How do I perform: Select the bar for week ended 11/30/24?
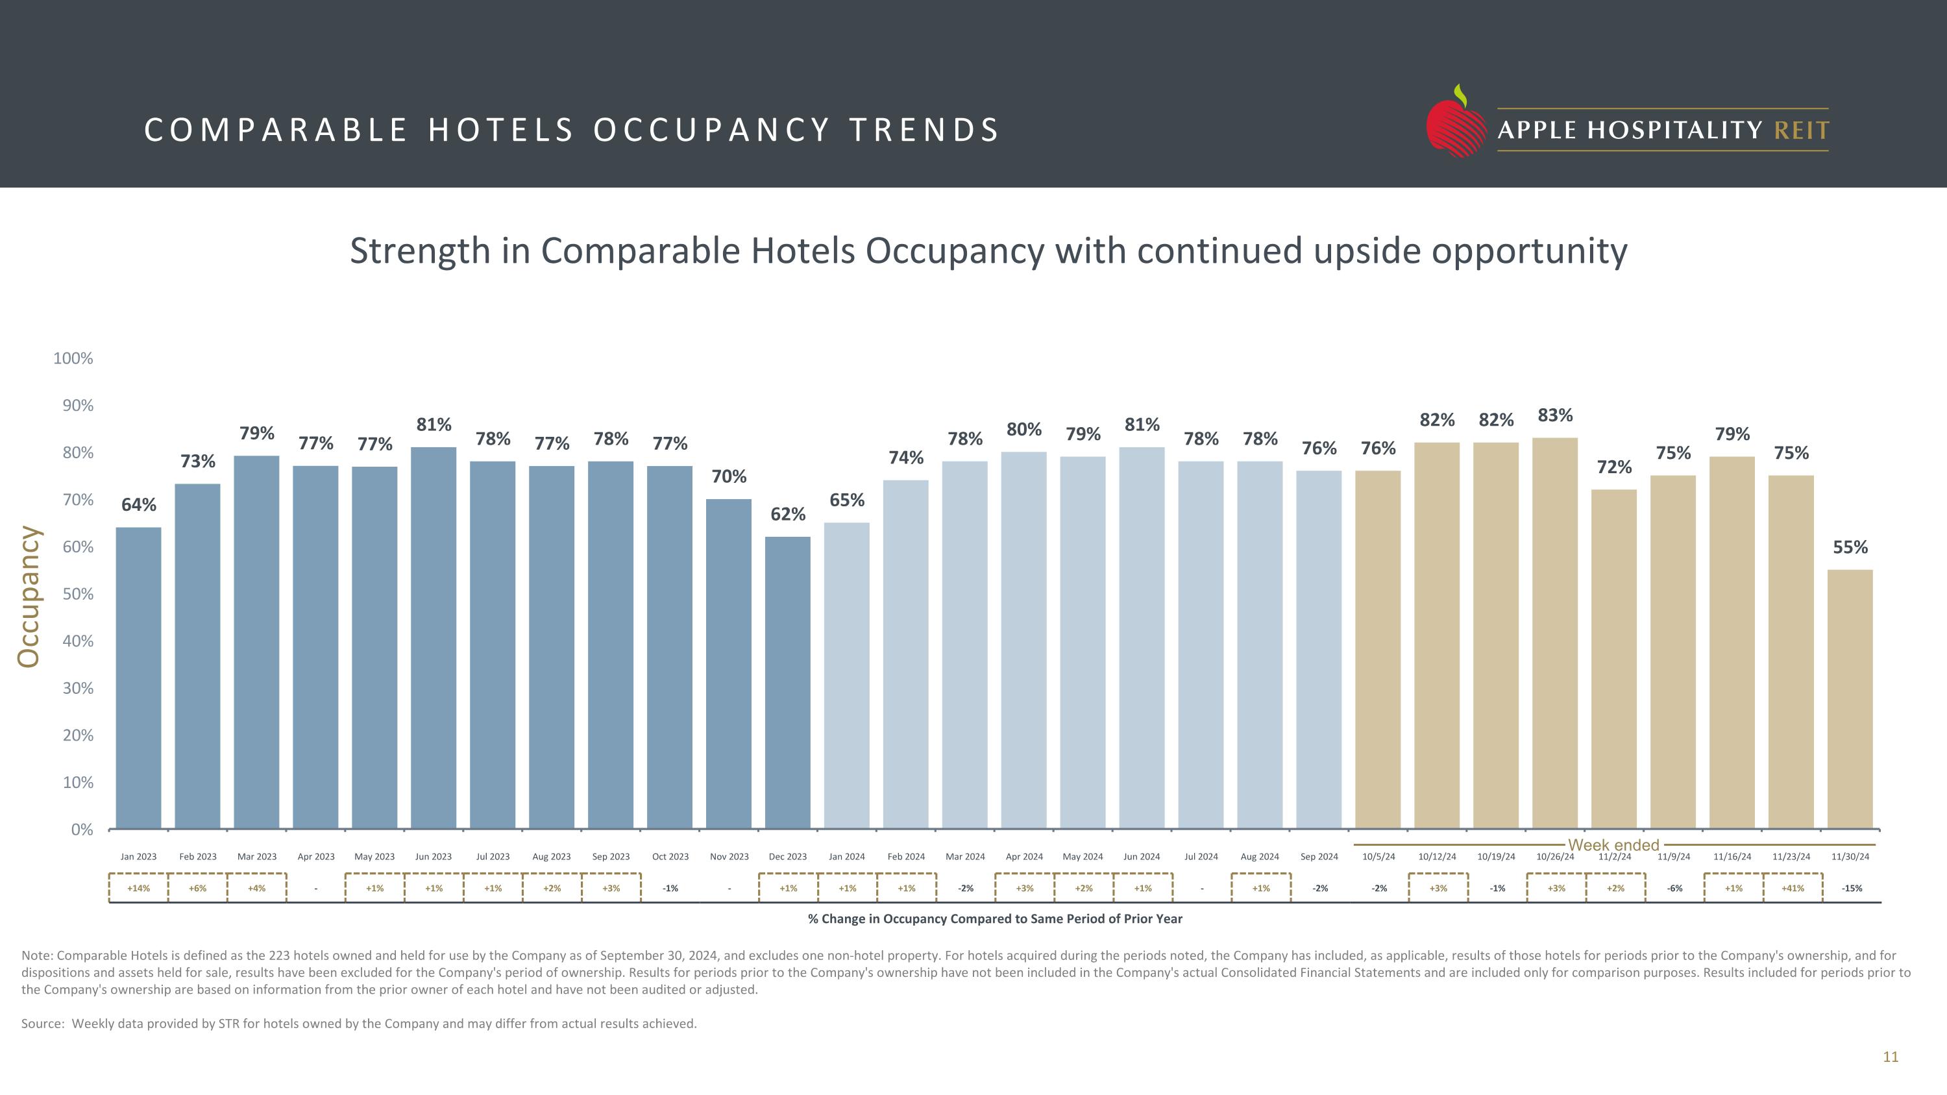(x=1850, y=699)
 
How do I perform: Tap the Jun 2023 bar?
(x=434, y=638)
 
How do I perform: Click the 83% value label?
(x=1556, y=415)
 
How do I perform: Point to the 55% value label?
(x=1850, y=547)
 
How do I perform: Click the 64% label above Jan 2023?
(x=139, y=505)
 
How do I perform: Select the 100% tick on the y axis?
(x=73, y=359)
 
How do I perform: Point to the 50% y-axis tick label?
(x=78, y=594)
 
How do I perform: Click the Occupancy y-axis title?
(x=29, y=597)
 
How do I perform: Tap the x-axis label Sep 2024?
(x=1319, y=856)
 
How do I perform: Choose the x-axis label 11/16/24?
(x=1732, y=856)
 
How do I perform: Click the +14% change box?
(x=138, y=888)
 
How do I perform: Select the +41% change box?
(x=1792, y=888)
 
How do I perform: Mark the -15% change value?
(x=1851, y=888)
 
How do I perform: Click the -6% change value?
(x=1674, y=888)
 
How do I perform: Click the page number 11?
(x=1891, y=1057)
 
